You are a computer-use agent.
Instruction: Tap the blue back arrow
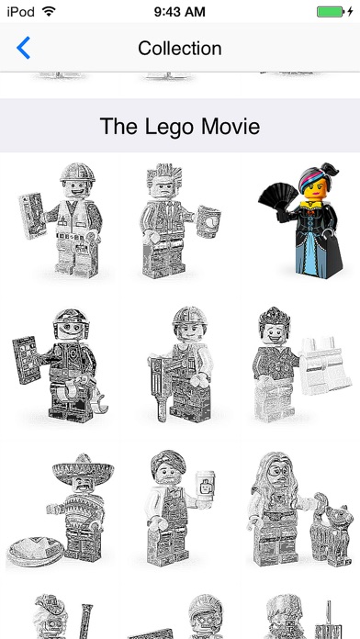(23, 48)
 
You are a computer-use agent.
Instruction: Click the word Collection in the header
(180, 48)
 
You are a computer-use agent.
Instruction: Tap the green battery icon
(331, 11)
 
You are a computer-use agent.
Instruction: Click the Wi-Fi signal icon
(49, 11)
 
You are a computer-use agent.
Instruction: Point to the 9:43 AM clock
(179, 12)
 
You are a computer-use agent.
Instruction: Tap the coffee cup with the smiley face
(205, 489)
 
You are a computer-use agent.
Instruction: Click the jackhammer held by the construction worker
(160, 387)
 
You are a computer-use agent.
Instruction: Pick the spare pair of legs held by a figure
(324, 364)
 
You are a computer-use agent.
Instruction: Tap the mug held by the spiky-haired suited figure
(208, 221)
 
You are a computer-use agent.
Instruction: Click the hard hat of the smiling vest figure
(77, 173)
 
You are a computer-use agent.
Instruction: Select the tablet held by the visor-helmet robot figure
(26, 360)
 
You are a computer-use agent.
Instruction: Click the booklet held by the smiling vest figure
(32, 216)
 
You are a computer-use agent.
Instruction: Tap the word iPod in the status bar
(21, 12)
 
